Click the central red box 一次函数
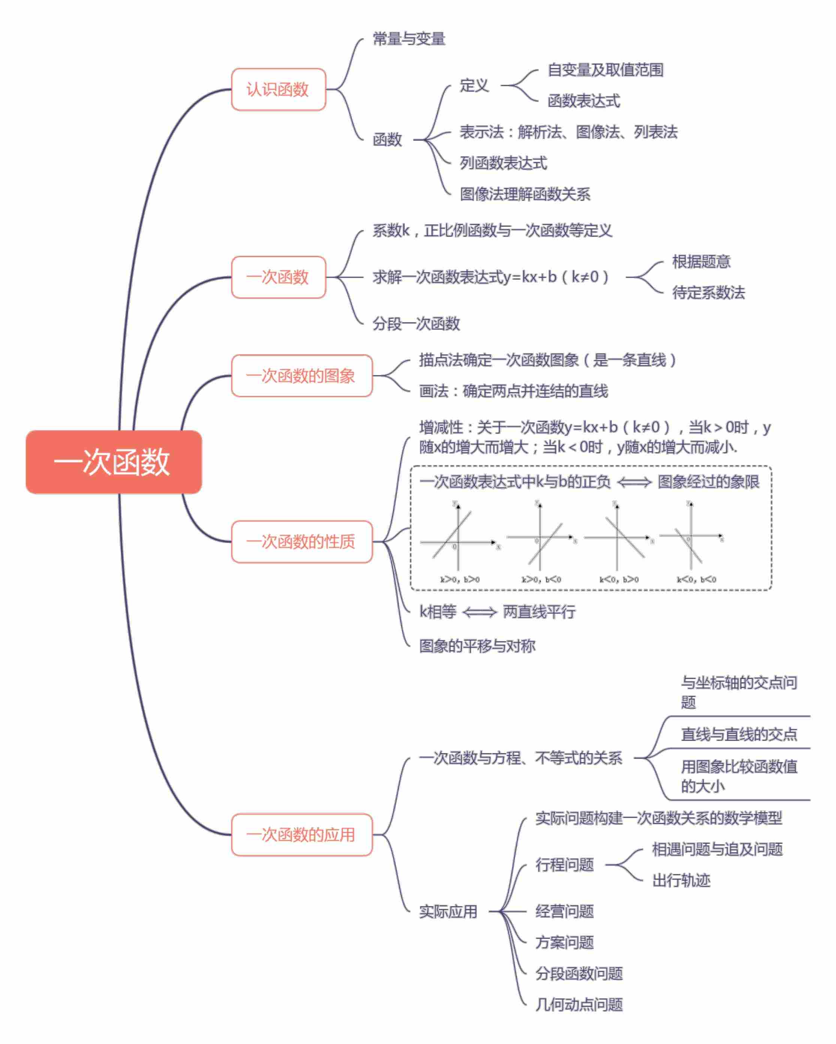pyautogui.click(x=114, y=462)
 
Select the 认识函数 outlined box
pyautogui.click(x=278, y=90)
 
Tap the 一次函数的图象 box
pyautogui.click(x=301, y=376)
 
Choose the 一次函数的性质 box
pyautogui.click(x=301, y=541)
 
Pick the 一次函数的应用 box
pyautogui.click(x=301, y=834)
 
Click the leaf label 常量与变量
pyautogui.click(x=409, y=39)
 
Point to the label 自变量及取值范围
pyautogui.click(x=605, y=70)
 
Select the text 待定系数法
pyautogui.click(x=708, y=292)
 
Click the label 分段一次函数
pyautogui.click(x=416, y=324)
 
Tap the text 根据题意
pyautogui.click(x=701, y=261)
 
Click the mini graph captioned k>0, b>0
pyautogui.click(x=457, y=537)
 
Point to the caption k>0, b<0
pyautogui.click(x=541, y=579)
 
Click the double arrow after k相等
pyautogui.click(x=479, y=612)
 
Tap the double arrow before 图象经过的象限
pyautogui.click(x=634, y=482)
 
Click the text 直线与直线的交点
pyautogui.click(x=739, y=734)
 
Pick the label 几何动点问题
pyautogui.click(x=579, y=1004)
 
